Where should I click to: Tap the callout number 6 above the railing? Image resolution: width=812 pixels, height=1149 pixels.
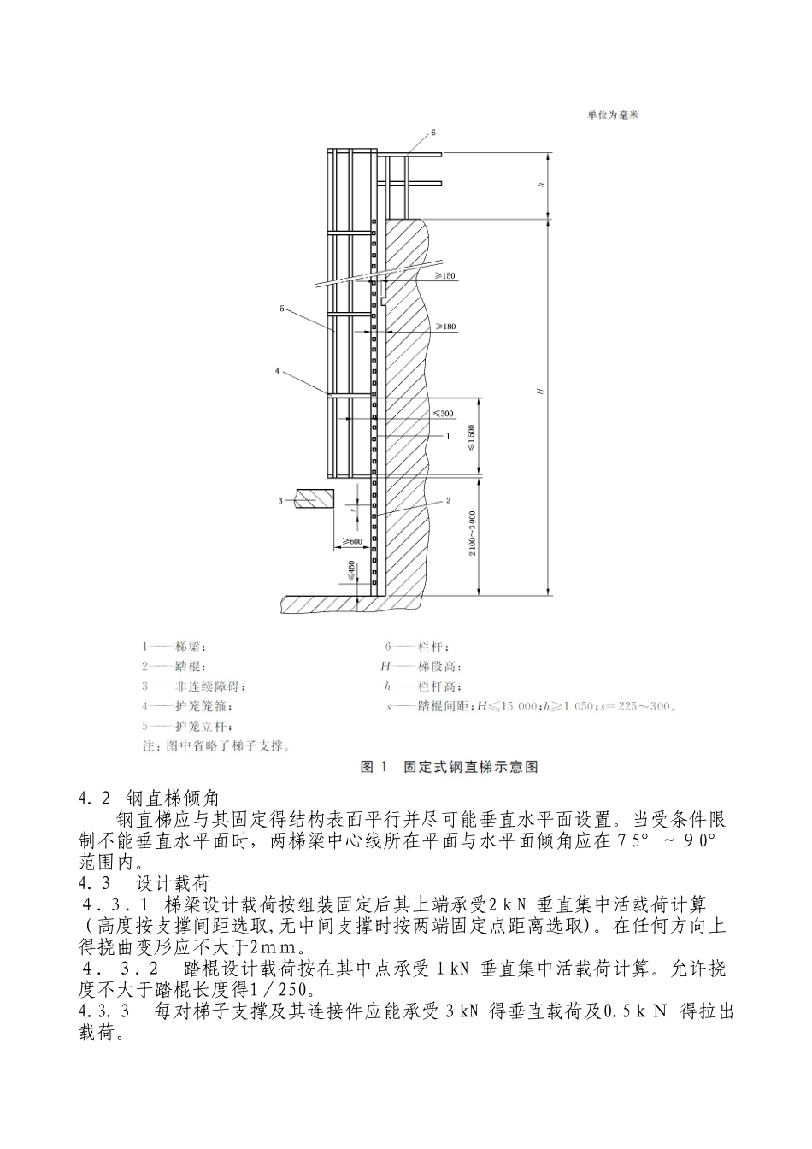433,133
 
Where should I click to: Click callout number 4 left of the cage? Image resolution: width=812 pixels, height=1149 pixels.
278,371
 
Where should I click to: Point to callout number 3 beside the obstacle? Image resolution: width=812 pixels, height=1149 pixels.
279,500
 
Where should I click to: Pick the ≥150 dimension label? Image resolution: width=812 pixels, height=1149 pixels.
444,276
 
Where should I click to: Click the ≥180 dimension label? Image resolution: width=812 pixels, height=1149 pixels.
444,327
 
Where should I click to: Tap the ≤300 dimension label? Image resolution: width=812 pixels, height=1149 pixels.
443,414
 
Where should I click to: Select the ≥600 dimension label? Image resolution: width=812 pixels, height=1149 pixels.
351,541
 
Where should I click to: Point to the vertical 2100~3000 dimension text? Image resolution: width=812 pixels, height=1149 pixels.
472,534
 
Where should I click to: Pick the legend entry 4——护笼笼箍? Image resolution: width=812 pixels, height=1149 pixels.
187,707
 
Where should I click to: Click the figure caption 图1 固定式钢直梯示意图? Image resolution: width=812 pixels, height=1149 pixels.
450,767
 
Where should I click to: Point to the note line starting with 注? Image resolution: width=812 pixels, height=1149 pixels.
216,745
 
